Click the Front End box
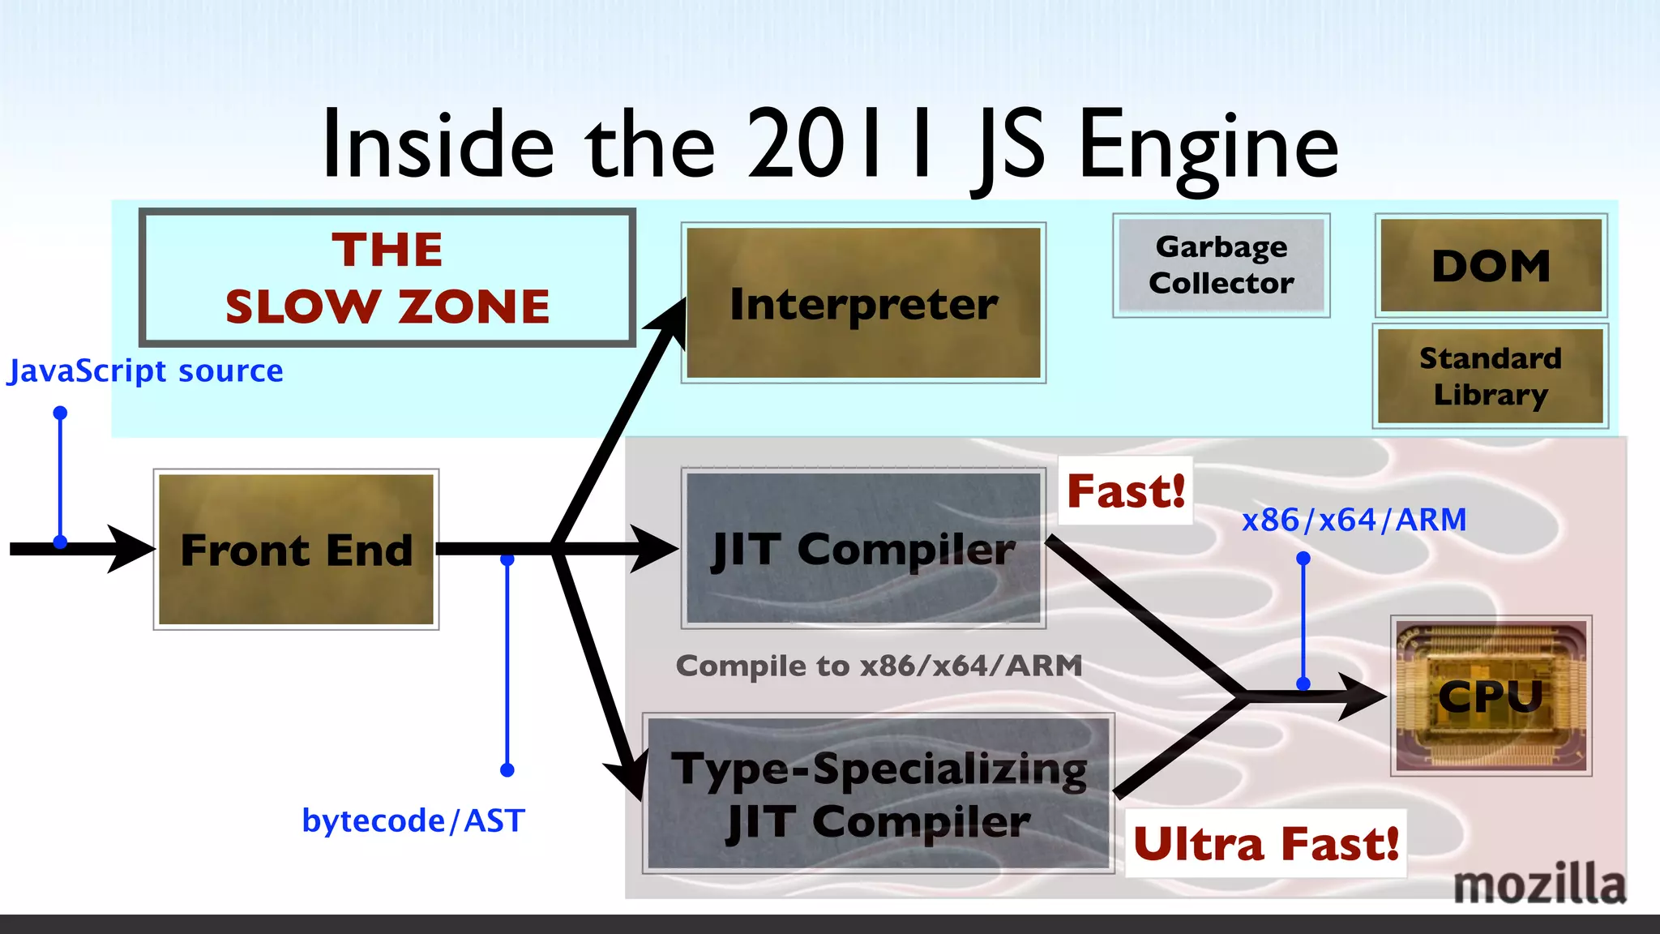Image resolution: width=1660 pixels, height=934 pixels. click(x=296, y=549)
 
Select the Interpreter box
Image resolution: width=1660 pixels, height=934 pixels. click(x=863, y=302)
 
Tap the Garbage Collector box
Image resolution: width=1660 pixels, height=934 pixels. click(x=1221, y=265)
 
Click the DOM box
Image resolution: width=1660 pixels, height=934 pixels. click(x=1491, y=265)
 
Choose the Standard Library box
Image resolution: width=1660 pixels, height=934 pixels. click(x=1490, y=376)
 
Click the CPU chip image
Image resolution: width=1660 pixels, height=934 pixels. click(x=1491, y=696)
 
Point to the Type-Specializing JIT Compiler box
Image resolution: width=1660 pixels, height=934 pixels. click(x=879, y=794)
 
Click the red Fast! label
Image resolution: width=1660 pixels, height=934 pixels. click(x=1125, y=491)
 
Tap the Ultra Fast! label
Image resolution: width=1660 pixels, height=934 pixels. click(x=1265, y=843)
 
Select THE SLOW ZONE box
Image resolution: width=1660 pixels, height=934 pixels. click(x=387, y=277)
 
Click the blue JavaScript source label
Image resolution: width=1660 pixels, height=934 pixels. click(x=146, y=371)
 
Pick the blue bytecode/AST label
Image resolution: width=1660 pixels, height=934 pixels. click(x=413, y=820)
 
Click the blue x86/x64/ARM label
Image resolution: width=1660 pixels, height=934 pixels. click(x=1354, y=520)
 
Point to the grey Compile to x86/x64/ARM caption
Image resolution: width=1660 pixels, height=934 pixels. click(x=879, y=666)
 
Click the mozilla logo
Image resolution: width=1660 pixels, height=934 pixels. click(x=1538, y=884)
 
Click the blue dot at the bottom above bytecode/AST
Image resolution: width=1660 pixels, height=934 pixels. click(x=507, y=769)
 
